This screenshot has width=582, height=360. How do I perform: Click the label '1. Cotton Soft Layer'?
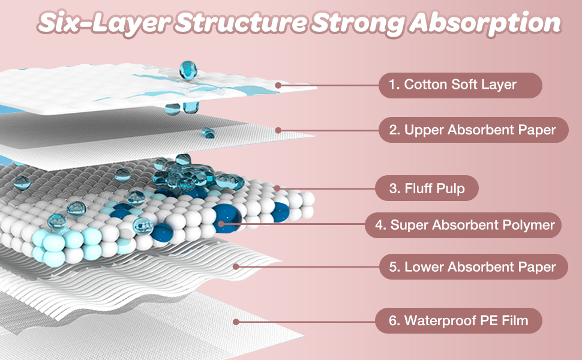click(460, 85)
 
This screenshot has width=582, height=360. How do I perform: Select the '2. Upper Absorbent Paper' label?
click(473, 130)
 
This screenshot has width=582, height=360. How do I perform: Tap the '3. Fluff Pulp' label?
click(427, 188)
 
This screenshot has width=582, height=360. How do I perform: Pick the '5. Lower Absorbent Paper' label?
click(473, 266)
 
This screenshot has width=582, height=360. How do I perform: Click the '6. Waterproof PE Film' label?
click(458, 320)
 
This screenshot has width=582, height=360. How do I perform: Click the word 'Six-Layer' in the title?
click(97, 22)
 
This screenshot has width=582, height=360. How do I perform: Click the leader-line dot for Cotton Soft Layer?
click(278, 85)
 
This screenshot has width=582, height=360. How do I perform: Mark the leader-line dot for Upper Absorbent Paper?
click(278, 130)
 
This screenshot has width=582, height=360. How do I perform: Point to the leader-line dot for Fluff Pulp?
click(277, 188)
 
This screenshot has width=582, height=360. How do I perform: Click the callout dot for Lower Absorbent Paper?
click(236, 266)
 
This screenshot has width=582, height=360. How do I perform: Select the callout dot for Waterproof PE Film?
click(236, 322)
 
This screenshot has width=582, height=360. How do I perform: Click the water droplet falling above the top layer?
click(188, 70)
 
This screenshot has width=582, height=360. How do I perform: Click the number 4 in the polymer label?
click(379, 226)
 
